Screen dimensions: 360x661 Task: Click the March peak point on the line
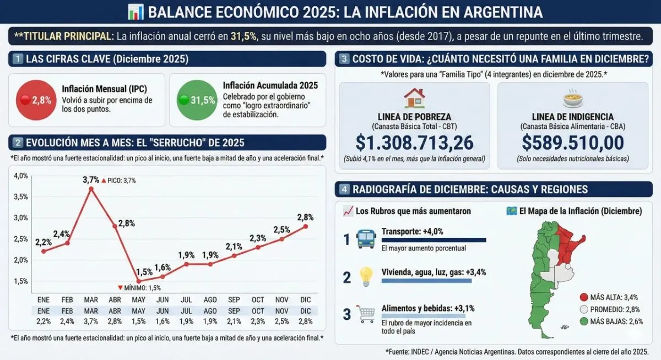pos(91,188)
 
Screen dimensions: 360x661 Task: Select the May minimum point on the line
pos(139,281)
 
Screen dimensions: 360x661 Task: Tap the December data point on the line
pos(305,226)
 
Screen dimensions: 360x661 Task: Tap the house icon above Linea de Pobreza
pos(414,98)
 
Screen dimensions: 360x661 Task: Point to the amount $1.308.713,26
pos(414,143)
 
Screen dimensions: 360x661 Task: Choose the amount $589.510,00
pos(573,143)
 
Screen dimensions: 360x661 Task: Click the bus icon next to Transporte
pos(366,239)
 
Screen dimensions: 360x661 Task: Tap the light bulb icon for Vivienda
pos(366,276)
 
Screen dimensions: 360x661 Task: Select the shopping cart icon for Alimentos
pos(366,313)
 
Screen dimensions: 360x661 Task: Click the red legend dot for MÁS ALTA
pos(584,297)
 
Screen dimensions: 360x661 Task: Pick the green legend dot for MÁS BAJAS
pos(584,321)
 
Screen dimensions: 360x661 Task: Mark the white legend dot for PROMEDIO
pos(584,309)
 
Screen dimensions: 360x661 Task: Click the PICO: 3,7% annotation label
pos(118,181)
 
